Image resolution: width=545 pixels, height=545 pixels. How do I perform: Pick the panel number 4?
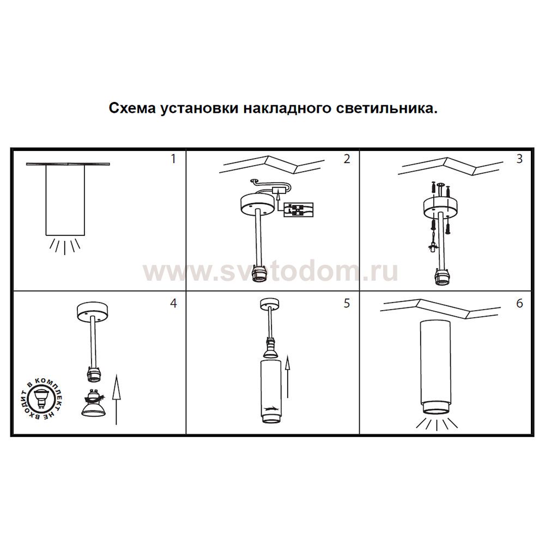(173, 304)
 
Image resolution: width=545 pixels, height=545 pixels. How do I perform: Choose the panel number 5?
(347, 304)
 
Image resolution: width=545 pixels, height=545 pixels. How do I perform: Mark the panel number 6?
(519, 304)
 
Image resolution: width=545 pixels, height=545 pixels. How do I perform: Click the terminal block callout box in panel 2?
(299, 210)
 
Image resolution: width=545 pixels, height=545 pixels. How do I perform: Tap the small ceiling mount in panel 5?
(269, 303)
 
